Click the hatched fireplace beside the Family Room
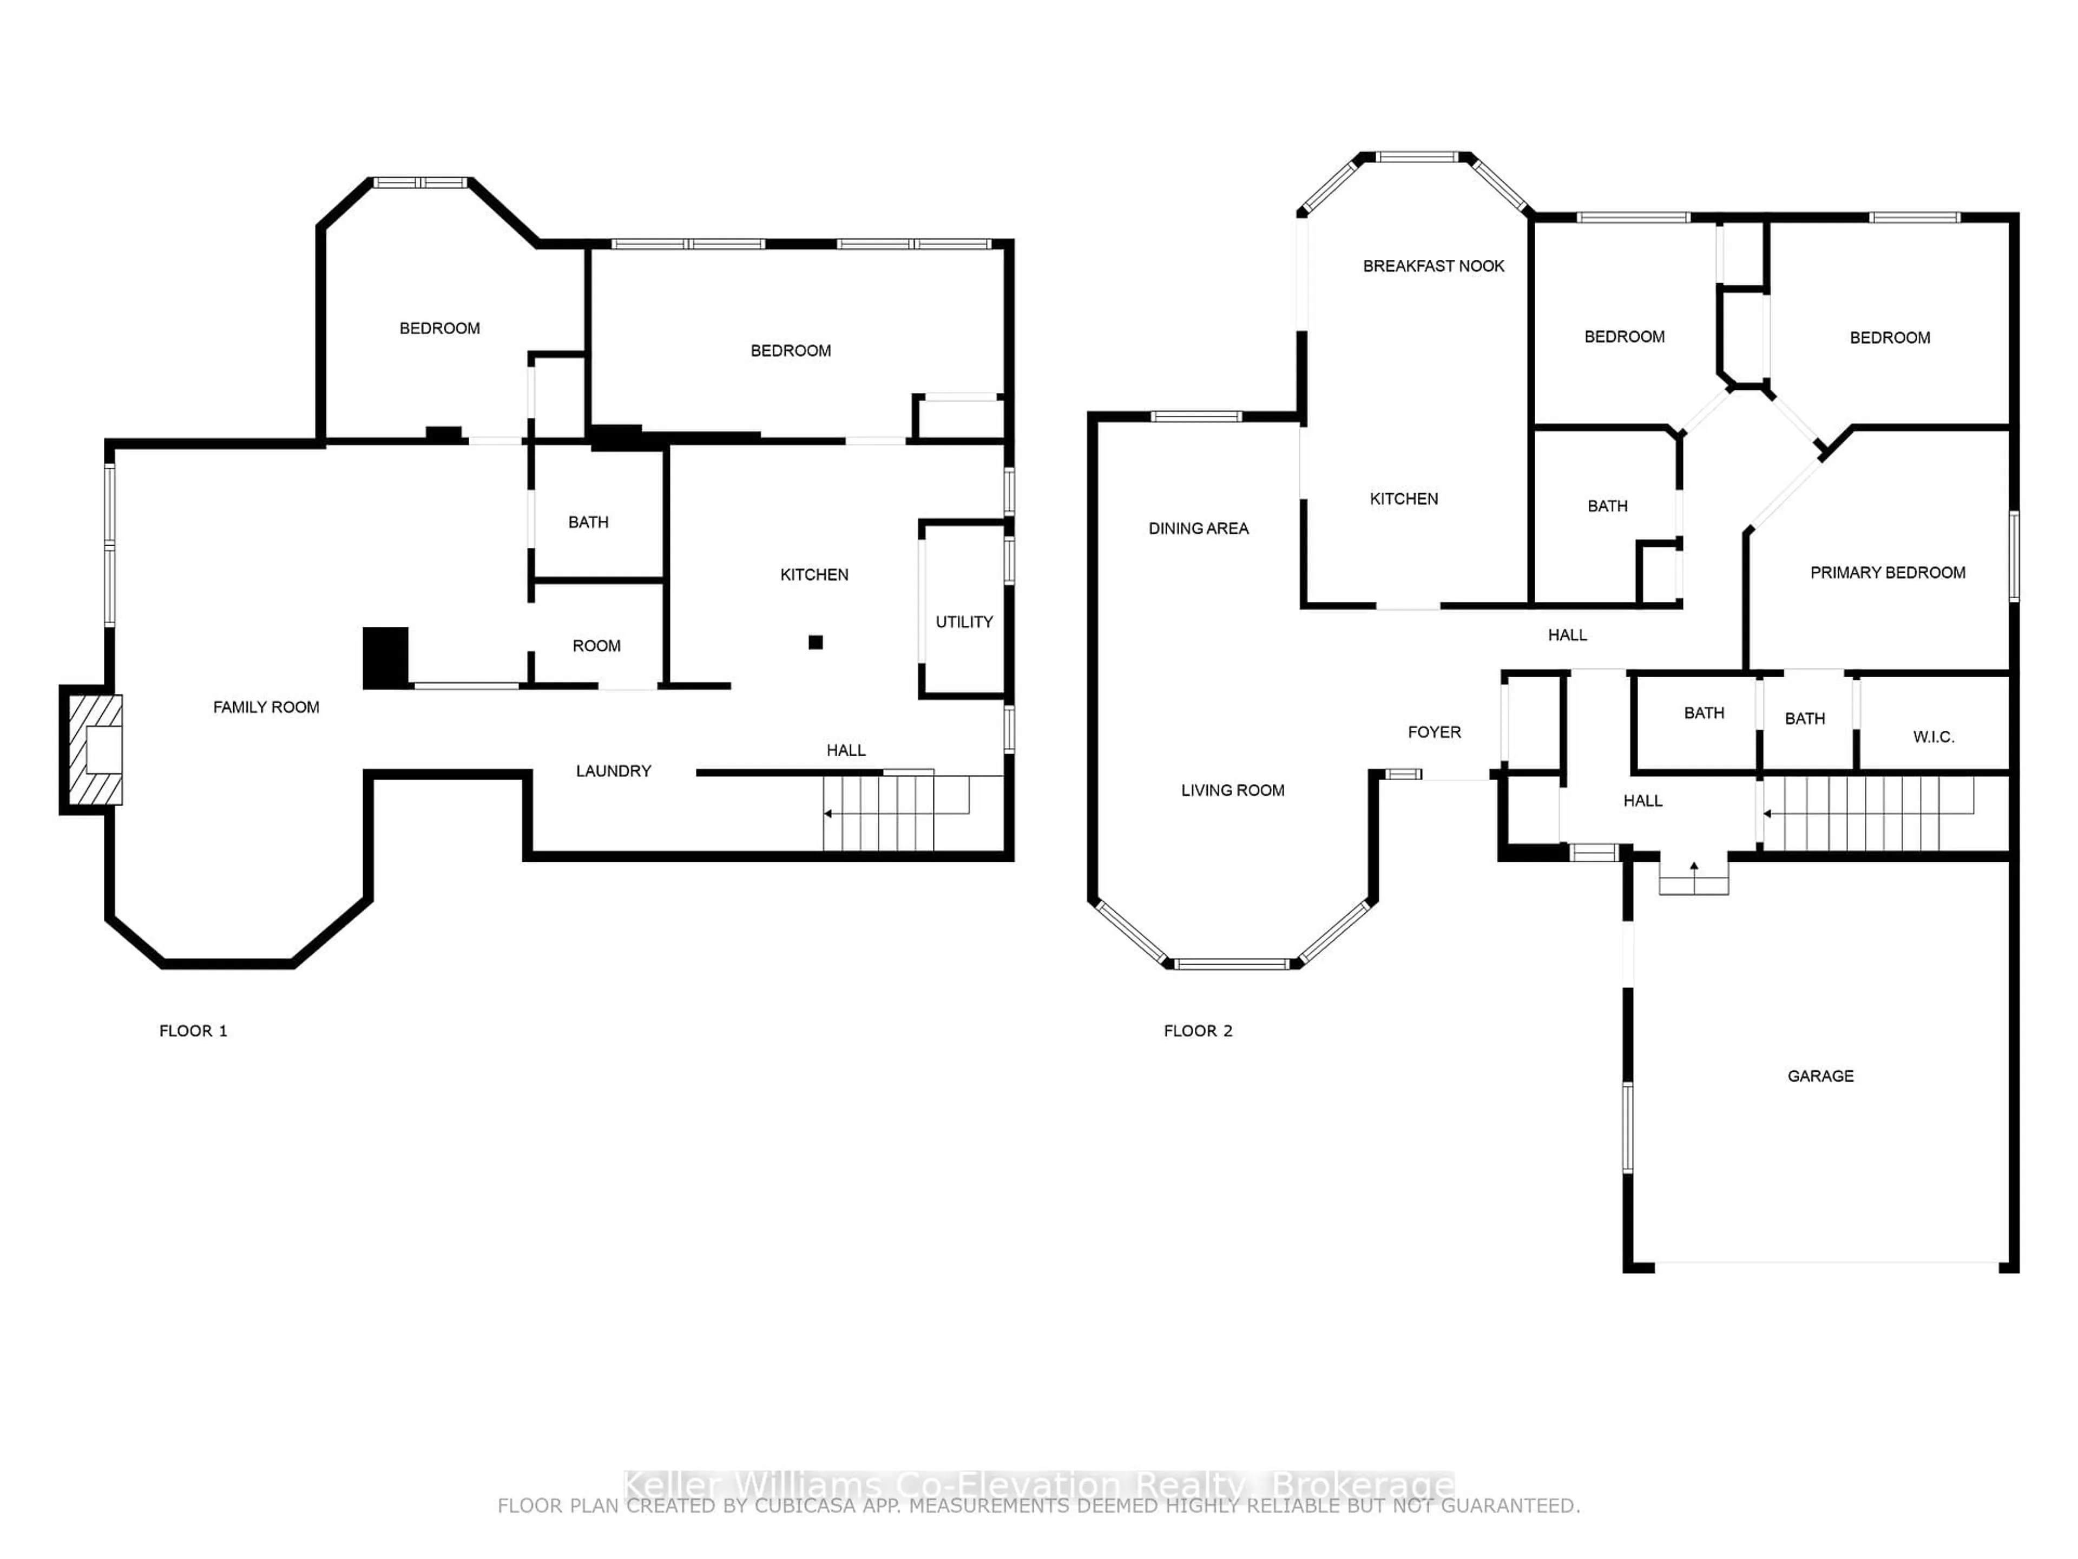tap(94, 749)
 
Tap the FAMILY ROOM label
tap(266, 706)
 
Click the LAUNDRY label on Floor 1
tap(614, 771)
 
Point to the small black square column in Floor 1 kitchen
tap(816, 643)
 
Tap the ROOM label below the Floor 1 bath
tap(596, 646)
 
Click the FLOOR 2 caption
tap(1198, 1031)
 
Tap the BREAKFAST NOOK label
tap(1433, 266)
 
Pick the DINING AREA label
tap(1199, 528)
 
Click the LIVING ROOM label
tap(1233, 790)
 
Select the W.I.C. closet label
tap(1934, 737)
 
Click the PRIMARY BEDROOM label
tap(1888, 572)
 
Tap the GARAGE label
tap(1820, 1076)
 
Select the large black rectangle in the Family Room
tap(386, 658)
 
